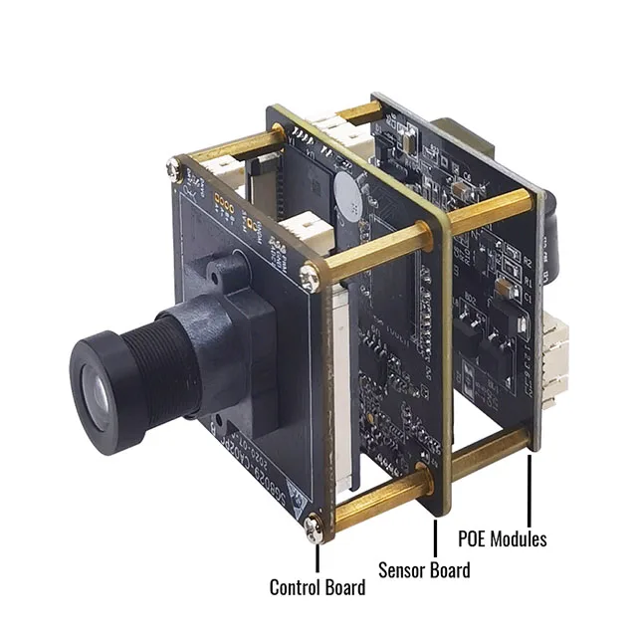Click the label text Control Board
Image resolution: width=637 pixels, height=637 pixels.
point(318,587)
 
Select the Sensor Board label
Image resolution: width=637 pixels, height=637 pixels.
point(424,569)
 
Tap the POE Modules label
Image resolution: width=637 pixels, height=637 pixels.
point(502,539)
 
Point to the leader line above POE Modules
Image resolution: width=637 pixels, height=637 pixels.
point(529,489)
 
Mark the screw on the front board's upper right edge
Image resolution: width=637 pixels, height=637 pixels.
point(316,268)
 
